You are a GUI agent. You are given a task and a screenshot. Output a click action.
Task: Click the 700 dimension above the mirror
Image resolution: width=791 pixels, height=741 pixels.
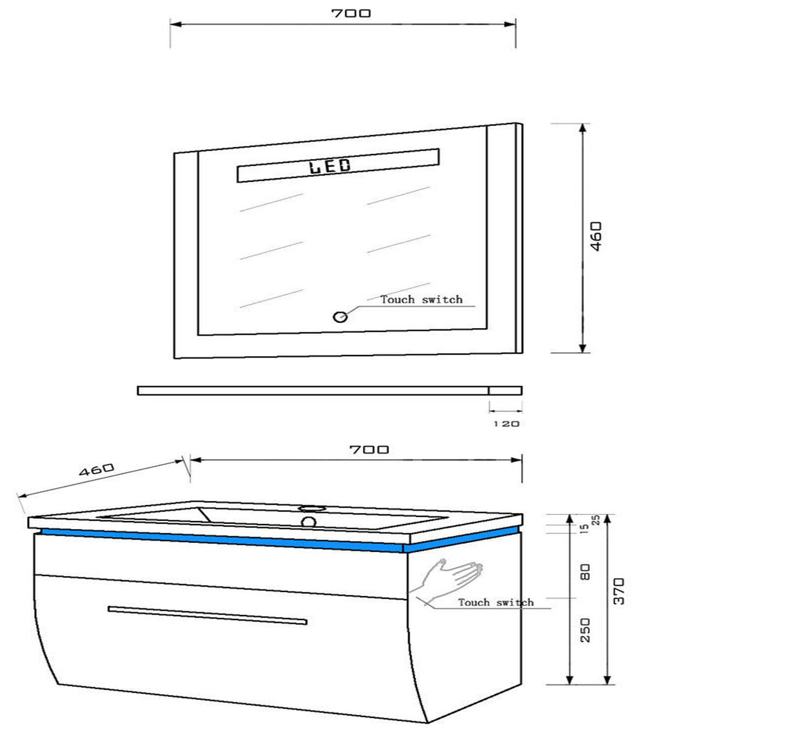point(351,13)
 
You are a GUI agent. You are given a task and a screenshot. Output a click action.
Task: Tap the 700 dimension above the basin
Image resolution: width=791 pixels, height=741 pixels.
point(369,450)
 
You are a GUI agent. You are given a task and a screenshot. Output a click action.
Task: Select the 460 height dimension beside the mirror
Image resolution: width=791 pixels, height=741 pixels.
point(597,236)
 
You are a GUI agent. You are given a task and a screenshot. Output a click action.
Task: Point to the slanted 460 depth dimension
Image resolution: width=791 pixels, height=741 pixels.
point(96,469)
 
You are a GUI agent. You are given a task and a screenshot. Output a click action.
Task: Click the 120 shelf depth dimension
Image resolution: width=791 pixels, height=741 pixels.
point(506,424)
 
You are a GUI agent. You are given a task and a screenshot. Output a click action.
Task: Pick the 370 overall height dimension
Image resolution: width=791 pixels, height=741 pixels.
point(619,591)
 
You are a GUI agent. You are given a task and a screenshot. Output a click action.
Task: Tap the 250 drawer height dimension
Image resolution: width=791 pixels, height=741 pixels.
point(585,630)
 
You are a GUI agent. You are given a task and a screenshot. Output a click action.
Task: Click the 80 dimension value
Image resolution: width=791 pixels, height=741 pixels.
point(585,573)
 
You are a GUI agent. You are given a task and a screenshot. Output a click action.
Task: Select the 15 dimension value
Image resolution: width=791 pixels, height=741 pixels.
point(584,529)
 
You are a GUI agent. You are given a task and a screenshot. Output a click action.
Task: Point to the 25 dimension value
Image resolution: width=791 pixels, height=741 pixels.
point(596,520)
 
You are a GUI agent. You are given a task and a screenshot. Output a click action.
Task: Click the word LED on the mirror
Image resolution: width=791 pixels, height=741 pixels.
point(330,166)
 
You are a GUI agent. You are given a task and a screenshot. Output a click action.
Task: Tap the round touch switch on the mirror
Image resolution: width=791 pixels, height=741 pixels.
point(340,317)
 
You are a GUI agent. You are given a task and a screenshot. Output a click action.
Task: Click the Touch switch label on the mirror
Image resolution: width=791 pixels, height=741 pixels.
point(422,299)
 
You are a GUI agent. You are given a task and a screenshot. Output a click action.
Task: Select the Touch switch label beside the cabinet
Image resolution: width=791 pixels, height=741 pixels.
point(496,602)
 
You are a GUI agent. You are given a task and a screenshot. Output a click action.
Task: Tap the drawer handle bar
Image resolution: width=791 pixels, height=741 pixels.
point(208,616)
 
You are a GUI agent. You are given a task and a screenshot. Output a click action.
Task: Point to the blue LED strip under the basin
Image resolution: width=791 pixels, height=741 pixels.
point(222,539)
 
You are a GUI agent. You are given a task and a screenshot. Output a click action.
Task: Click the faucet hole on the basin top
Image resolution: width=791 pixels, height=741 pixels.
point(311,508)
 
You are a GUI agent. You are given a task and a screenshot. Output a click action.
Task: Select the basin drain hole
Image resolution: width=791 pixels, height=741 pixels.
point(309,522)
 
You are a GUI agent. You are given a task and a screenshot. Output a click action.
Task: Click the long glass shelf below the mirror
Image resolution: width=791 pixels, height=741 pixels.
point(329,391)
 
